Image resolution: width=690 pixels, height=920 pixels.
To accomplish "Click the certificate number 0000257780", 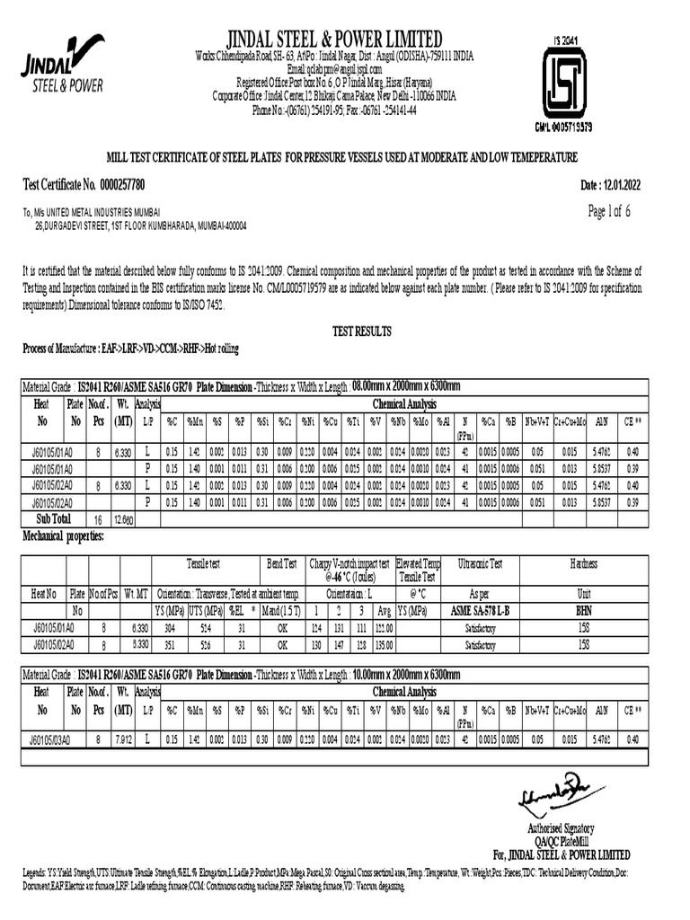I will pos(112,185).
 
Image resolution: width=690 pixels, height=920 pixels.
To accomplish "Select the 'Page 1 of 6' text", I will pos(609,212).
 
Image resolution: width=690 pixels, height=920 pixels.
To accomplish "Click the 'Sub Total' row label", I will pos(53,518).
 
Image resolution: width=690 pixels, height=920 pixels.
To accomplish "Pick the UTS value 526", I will pos(207,644).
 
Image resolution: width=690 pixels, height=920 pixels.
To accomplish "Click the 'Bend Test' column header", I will pos(283,563).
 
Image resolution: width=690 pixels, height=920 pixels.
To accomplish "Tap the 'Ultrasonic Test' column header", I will pos(481,563).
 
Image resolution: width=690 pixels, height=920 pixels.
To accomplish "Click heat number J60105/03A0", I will pos(41,739).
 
